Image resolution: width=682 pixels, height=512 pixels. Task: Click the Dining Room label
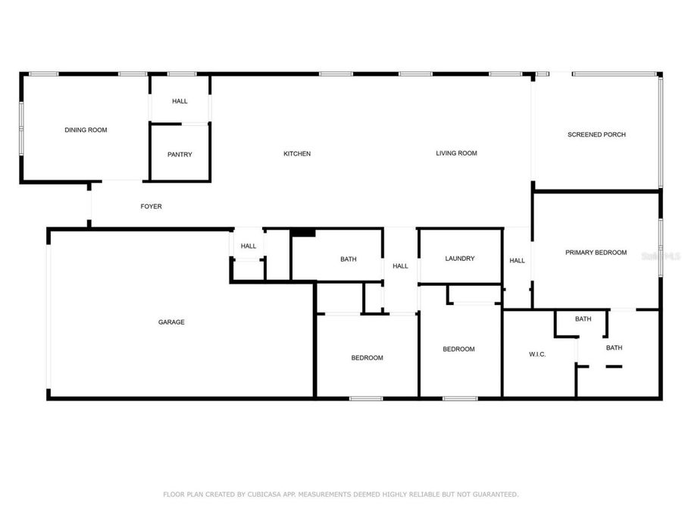86,130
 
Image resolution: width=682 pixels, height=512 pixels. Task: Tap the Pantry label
180,155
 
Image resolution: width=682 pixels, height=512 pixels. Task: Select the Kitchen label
297,154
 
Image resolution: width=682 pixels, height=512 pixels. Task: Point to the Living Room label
456,153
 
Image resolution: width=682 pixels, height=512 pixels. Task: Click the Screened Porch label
596,135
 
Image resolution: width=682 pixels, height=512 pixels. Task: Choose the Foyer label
151,206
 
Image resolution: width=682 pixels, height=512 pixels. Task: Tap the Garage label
171,322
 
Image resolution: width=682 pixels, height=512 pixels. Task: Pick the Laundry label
460,259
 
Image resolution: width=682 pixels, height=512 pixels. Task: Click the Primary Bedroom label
596,253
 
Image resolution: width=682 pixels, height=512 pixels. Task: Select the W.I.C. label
537,355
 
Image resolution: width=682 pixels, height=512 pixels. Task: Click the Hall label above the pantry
180,102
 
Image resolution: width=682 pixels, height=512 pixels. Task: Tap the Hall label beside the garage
249,246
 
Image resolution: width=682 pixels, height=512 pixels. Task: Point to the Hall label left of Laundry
400,266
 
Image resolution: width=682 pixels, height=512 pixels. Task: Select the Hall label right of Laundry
517,261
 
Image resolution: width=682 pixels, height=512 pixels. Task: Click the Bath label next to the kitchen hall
348,259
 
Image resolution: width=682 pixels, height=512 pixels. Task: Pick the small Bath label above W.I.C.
583,319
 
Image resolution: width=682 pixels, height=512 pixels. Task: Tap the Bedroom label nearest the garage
367,358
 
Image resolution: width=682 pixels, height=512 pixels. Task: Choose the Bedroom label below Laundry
458,349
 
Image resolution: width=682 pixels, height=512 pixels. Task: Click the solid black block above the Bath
303,233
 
